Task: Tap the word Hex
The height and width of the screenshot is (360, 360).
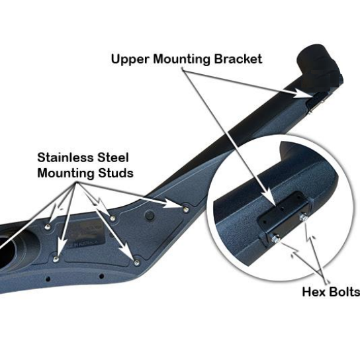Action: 314,291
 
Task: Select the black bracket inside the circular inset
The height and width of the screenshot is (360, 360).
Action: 279,214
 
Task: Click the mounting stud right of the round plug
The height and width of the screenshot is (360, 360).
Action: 185,208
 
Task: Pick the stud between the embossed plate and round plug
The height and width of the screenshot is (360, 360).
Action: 114,218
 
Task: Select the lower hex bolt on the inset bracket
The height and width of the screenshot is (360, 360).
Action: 273,238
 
